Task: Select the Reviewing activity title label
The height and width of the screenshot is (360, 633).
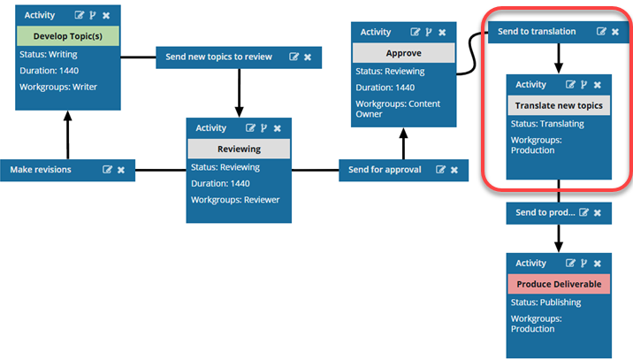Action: point(238,149)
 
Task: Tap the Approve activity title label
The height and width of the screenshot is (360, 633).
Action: point(403,53)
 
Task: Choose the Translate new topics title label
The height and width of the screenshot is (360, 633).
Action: point(558,105)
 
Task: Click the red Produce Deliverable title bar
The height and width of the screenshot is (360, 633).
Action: point(558,284)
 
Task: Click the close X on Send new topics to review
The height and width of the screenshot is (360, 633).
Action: point(308,57)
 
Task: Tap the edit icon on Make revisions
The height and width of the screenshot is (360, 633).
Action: point(108,169)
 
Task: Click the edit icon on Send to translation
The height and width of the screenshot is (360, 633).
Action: point(602,32)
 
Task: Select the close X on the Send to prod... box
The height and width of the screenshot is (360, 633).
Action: point(597,213)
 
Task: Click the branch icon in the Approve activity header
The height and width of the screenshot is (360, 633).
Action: point(429,33)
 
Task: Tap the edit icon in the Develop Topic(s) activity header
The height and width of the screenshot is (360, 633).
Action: point(80,16)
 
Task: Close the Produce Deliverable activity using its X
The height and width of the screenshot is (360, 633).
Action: point(598,264)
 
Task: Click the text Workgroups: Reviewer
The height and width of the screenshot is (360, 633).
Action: point(234,200)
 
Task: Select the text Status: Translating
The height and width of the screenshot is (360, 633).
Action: point(547,124)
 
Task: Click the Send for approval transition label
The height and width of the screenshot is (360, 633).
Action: point(385,169)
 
